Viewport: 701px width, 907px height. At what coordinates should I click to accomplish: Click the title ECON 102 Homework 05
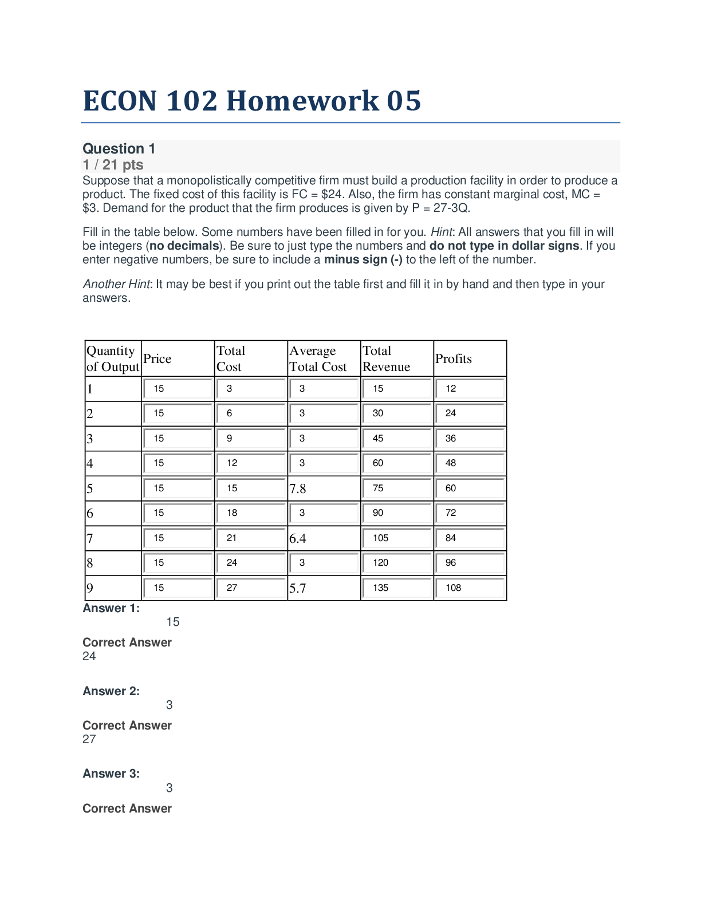252,101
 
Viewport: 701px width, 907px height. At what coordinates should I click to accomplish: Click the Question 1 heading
119,149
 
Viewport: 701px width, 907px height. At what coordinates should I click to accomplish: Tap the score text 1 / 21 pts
113,165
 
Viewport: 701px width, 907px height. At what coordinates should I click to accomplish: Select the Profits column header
454,359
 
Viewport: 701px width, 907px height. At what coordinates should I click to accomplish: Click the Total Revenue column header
387,359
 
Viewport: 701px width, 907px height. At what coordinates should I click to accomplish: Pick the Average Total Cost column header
318,359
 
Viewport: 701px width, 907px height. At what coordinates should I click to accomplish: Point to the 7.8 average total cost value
298,489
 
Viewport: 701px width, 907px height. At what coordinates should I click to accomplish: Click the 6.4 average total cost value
298,539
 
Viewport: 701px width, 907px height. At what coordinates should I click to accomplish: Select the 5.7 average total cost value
298,589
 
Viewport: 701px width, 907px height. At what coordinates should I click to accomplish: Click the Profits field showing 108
470,588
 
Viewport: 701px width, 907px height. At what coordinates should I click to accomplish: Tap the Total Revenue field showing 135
396,588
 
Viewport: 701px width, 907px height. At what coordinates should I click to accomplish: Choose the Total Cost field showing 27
251,588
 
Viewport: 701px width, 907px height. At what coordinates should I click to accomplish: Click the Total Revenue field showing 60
396,463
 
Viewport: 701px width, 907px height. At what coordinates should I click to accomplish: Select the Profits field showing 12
470,389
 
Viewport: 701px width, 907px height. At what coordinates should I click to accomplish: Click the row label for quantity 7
90,539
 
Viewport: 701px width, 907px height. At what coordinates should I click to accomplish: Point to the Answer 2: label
111,691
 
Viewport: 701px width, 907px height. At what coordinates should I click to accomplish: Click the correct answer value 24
89,656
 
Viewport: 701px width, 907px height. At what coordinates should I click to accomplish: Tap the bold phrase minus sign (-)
363,260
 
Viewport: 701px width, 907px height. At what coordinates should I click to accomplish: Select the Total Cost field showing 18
251,513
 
